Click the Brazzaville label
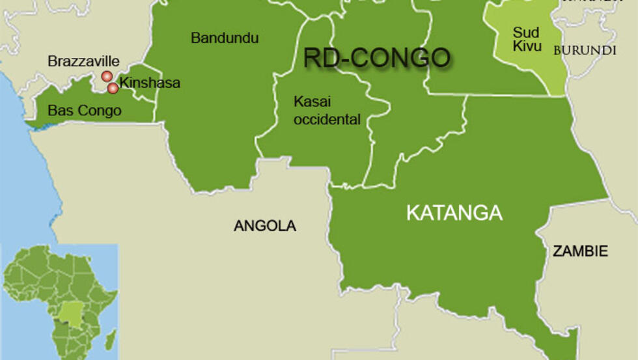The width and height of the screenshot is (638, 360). point(84,62)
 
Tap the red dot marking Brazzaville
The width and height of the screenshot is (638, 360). point(107,77)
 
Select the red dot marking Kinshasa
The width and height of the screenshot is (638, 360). point(113,88)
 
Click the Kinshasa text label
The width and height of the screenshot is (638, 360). point(150,83)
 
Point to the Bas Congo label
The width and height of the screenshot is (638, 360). point(85,111)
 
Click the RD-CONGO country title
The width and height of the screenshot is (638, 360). point(376,58)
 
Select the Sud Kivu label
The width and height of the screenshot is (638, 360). point(526,39)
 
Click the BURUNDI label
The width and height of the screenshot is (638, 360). point(585,50)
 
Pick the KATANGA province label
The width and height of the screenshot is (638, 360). point(454,213)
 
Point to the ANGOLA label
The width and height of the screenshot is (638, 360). point(265,227)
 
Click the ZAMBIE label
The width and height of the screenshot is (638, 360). point(580,251)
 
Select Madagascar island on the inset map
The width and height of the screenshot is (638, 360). point(111,339)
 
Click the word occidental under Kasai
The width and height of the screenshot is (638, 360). point(327,120)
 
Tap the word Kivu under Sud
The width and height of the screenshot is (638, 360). point(527,46)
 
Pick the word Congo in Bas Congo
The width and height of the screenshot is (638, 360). point(100,111)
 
